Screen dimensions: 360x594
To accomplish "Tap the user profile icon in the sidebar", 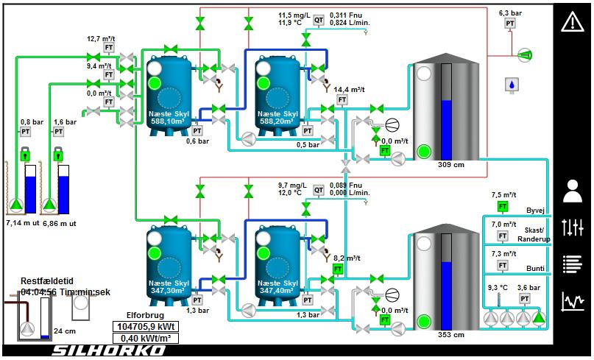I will tap(572, 191).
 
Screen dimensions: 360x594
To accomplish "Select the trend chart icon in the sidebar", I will tap(572, 301).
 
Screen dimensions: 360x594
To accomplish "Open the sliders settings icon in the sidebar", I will tap(572, 227).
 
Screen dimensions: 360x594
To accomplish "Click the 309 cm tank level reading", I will tap(450, 164).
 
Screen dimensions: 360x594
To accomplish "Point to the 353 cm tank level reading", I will tap(450, 335).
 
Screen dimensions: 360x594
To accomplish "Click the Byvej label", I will tap(535, 210).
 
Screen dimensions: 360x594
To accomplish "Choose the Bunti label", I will tap(535, 269).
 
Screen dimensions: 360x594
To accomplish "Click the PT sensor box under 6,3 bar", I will tap(510, 24).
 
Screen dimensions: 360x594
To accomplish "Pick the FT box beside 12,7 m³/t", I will tap(109, 48).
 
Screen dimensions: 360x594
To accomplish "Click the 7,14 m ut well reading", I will tap(22, 222).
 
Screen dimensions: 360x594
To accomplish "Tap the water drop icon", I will tap(510, 85).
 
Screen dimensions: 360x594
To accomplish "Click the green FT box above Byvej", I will tap(503, 206).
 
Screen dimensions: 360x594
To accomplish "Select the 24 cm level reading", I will tap(65, 331).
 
